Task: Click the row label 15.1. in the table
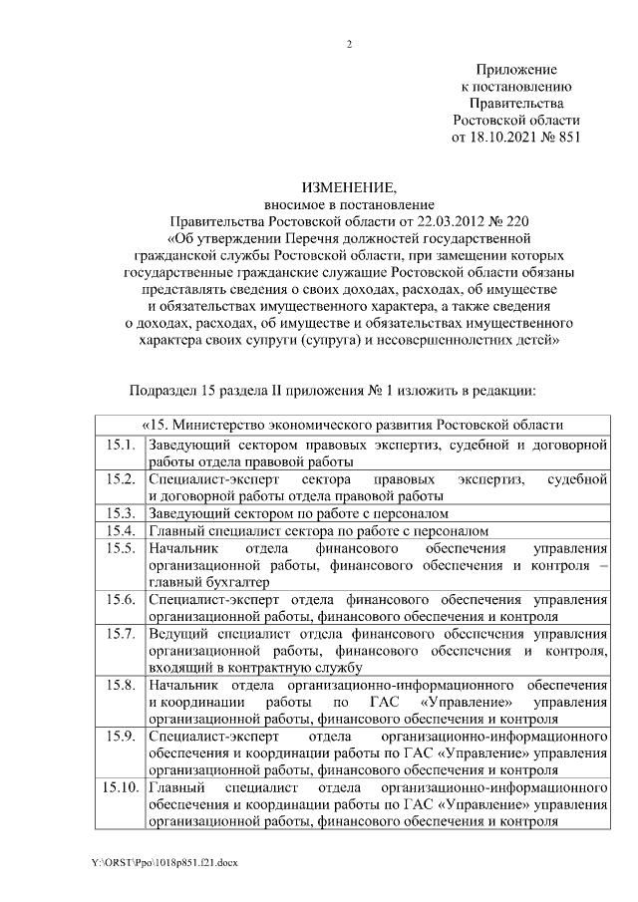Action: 120,446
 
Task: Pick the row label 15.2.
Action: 120,479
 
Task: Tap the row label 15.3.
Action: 120,513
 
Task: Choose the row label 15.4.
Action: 120,530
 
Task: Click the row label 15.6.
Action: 120,599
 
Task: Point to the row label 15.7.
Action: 120,633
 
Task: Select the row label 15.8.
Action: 120,685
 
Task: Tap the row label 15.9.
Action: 120,737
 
